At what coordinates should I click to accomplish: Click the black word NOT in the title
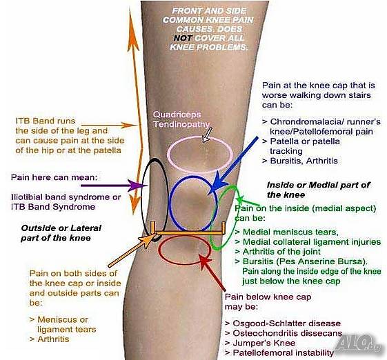183,38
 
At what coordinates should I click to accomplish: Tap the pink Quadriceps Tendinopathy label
181,119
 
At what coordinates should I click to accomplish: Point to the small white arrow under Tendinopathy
207,134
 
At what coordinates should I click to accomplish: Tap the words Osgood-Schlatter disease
287,323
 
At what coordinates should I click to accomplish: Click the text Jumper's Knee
264,343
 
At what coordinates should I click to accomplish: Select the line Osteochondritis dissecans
287,333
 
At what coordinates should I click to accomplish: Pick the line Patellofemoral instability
283,352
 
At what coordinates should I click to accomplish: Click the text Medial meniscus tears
290,232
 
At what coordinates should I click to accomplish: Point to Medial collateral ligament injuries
312,242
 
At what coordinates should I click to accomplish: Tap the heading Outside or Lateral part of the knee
61,233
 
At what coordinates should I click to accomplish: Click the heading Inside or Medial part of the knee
319,190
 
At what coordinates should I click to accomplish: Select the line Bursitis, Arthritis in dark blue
304,161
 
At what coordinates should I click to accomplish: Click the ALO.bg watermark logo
358,343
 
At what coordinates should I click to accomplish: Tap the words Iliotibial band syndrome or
66,197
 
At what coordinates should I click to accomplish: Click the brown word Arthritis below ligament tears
53,339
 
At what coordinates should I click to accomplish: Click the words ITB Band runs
46,121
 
